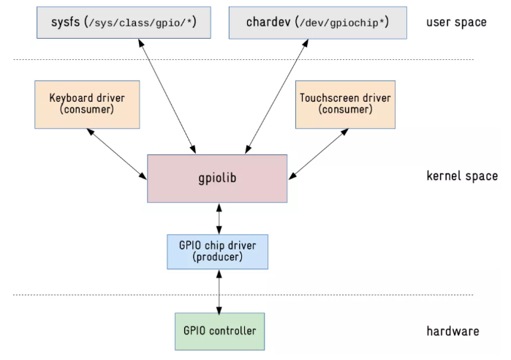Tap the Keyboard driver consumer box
tap(87, 104)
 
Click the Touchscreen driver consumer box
tap(345, 104)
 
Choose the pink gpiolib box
tap(217, 178)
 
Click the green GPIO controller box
tap(219, 331)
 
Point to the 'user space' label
tap(455, 23)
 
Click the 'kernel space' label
tap(462, 176)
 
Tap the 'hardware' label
tap(453, 331)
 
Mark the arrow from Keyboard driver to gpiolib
tap(116, 153)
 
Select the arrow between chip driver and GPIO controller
tap(219, 290)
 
